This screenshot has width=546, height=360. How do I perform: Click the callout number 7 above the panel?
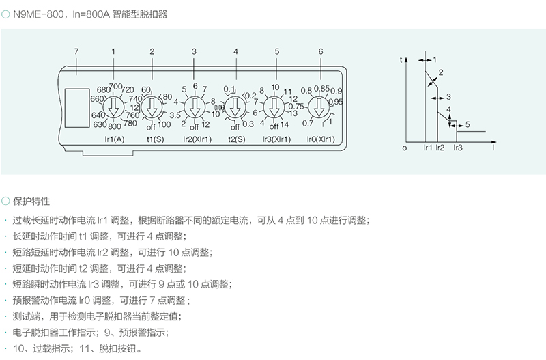pos(76,52)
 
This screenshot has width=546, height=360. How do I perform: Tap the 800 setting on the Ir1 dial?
pos(115,126)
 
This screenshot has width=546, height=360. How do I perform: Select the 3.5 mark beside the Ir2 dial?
pos(175,116)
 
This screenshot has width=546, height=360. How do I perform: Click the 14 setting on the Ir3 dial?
pos(286,124)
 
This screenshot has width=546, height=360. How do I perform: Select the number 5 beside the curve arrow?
pos(468,124)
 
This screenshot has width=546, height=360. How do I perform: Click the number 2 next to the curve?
pos(441,72)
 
